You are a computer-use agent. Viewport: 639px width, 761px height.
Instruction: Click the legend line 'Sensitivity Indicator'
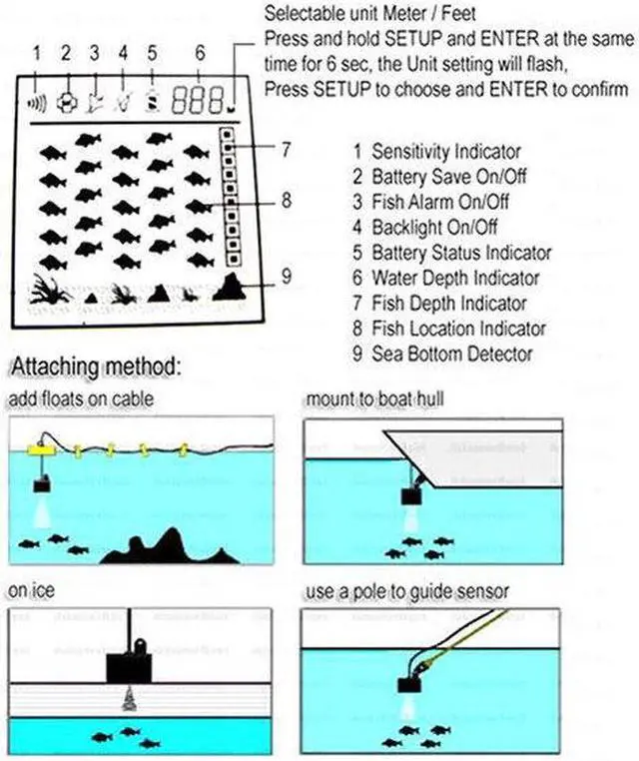tap(445, 152)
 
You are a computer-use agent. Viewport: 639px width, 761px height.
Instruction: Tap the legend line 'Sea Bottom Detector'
tap(451, 354)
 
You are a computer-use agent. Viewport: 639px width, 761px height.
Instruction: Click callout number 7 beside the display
tap(286, 150)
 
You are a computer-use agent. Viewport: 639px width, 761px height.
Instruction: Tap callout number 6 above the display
tap(200, 53)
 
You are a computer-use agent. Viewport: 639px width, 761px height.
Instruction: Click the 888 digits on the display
tap(197, 99)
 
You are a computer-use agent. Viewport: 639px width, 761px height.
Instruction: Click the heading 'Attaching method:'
tap(95, 367)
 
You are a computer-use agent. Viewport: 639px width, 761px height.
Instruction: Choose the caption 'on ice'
tap(30, 591)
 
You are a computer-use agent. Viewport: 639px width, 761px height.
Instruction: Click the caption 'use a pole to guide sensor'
tap(407, 591)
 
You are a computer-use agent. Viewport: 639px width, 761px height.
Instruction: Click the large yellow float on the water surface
tap(42, 450)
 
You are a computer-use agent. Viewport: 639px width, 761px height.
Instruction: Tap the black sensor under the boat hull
tap(411, 494)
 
